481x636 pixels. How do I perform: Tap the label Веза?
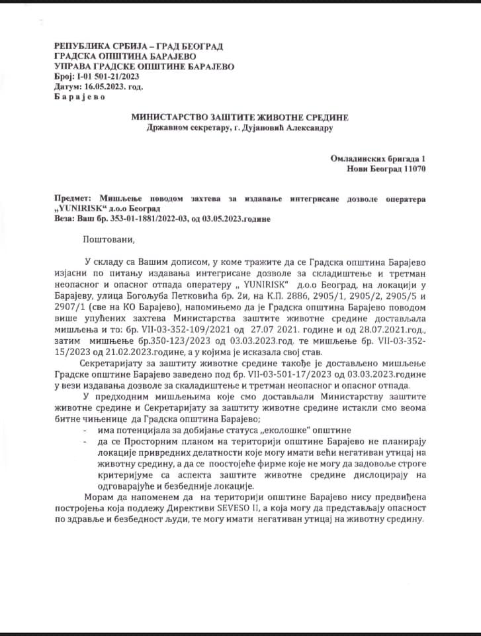click(x=66, y=218)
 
